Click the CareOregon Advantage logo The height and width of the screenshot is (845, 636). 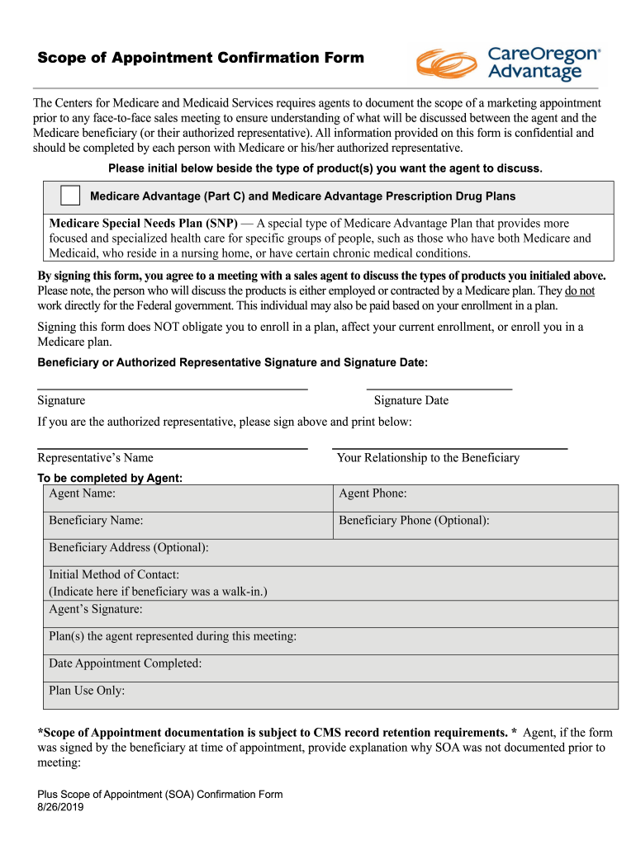pos(508,64)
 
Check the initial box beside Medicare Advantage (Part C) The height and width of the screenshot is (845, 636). pos(70,196)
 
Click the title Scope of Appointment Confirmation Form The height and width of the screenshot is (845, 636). pos(200,58)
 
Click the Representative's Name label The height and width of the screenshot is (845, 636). pos(95,458)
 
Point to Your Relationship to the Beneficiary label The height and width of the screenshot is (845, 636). pos(428,458)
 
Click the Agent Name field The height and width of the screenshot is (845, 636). pos(187,498)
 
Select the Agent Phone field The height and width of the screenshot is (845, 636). pos(475,498)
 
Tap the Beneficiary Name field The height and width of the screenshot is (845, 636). pos(187,525)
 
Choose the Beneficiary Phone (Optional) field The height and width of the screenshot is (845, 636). pos(475,525)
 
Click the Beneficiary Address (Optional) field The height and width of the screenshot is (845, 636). pos(330,552)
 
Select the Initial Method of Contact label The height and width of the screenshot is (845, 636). pos(114,574)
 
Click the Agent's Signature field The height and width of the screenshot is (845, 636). pos(330,613)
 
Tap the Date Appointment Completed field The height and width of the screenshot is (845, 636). pos(330,668)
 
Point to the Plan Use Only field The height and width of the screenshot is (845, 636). pos(330,695)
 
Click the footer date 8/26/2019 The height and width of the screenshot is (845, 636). pos(60,808)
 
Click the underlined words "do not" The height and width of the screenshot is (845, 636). pos(579,291)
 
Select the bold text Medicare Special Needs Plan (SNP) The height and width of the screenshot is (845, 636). pos(144,224)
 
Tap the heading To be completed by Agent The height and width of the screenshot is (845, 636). pos(110,479)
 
